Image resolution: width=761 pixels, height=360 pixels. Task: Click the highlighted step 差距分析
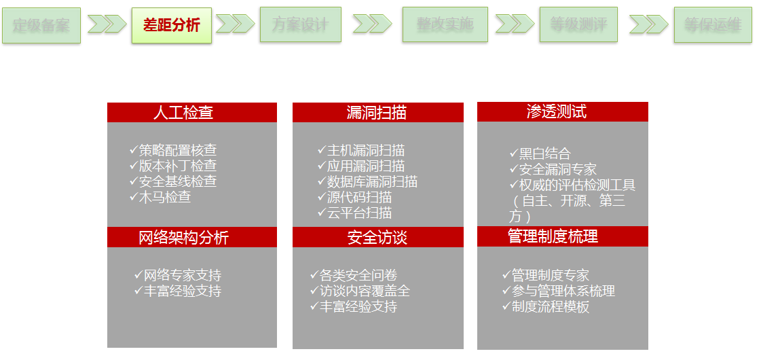pos(172,25)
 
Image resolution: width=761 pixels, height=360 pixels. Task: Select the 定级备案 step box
pos(41,25)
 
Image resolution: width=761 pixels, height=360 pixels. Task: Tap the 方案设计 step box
pos(300,25)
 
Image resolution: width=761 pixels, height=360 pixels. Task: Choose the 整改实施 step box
pos(445,24)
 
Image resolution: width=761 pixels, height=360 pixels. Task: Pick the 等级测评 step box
pos(578,24)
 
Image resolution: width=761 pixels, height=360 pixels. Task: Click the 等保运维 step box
pos(713,24)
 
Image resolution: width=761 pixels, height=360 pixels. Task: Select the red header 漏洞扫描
pos(377,112)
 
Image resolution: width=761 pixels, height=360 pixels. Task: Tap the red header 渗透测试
pos(562,111)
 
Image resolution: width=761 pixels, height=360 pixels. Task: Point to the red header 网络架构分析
pos(192,237)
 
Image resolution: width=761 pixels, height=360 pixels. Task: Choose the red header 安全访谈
pos(377,237)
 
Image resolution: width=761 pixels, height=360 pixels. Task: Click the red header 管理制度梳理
pos(562,236)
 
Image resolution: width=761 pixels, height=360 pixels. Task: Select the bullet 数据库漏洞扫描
pos(372,181)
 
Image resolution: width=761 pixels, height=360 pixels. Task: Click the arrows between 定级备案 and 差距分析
pos(107,24)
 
